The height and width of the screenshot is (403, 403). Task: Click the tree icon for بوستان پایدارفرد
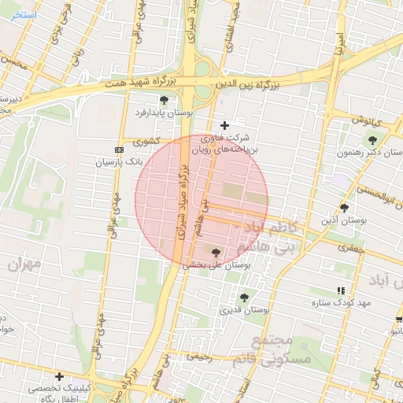coord(164,100)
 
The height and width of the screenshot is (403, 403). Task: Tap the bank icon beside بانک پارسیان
coord(119,150)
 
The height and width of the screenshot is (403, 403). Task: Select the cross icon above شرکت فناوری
coord(224,125)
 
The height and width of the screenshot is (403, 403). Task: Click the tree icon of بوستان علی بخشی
coord(216,253)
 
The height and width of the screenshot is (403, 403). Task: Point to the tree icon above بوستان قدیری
coord(243,298)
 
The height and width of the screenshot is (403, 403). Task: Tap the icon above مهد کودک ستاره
coord(340,290)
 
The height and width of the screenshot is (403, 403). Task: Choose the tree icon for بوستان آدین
coord(344,208)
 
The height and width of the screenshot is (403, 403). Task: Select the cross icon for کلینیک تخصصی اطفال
coord(59,376)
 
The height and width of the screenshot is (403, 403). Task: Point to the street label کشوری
coord(146,142)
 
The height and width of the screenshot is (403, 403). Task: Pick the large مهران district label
coord(24,264)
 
